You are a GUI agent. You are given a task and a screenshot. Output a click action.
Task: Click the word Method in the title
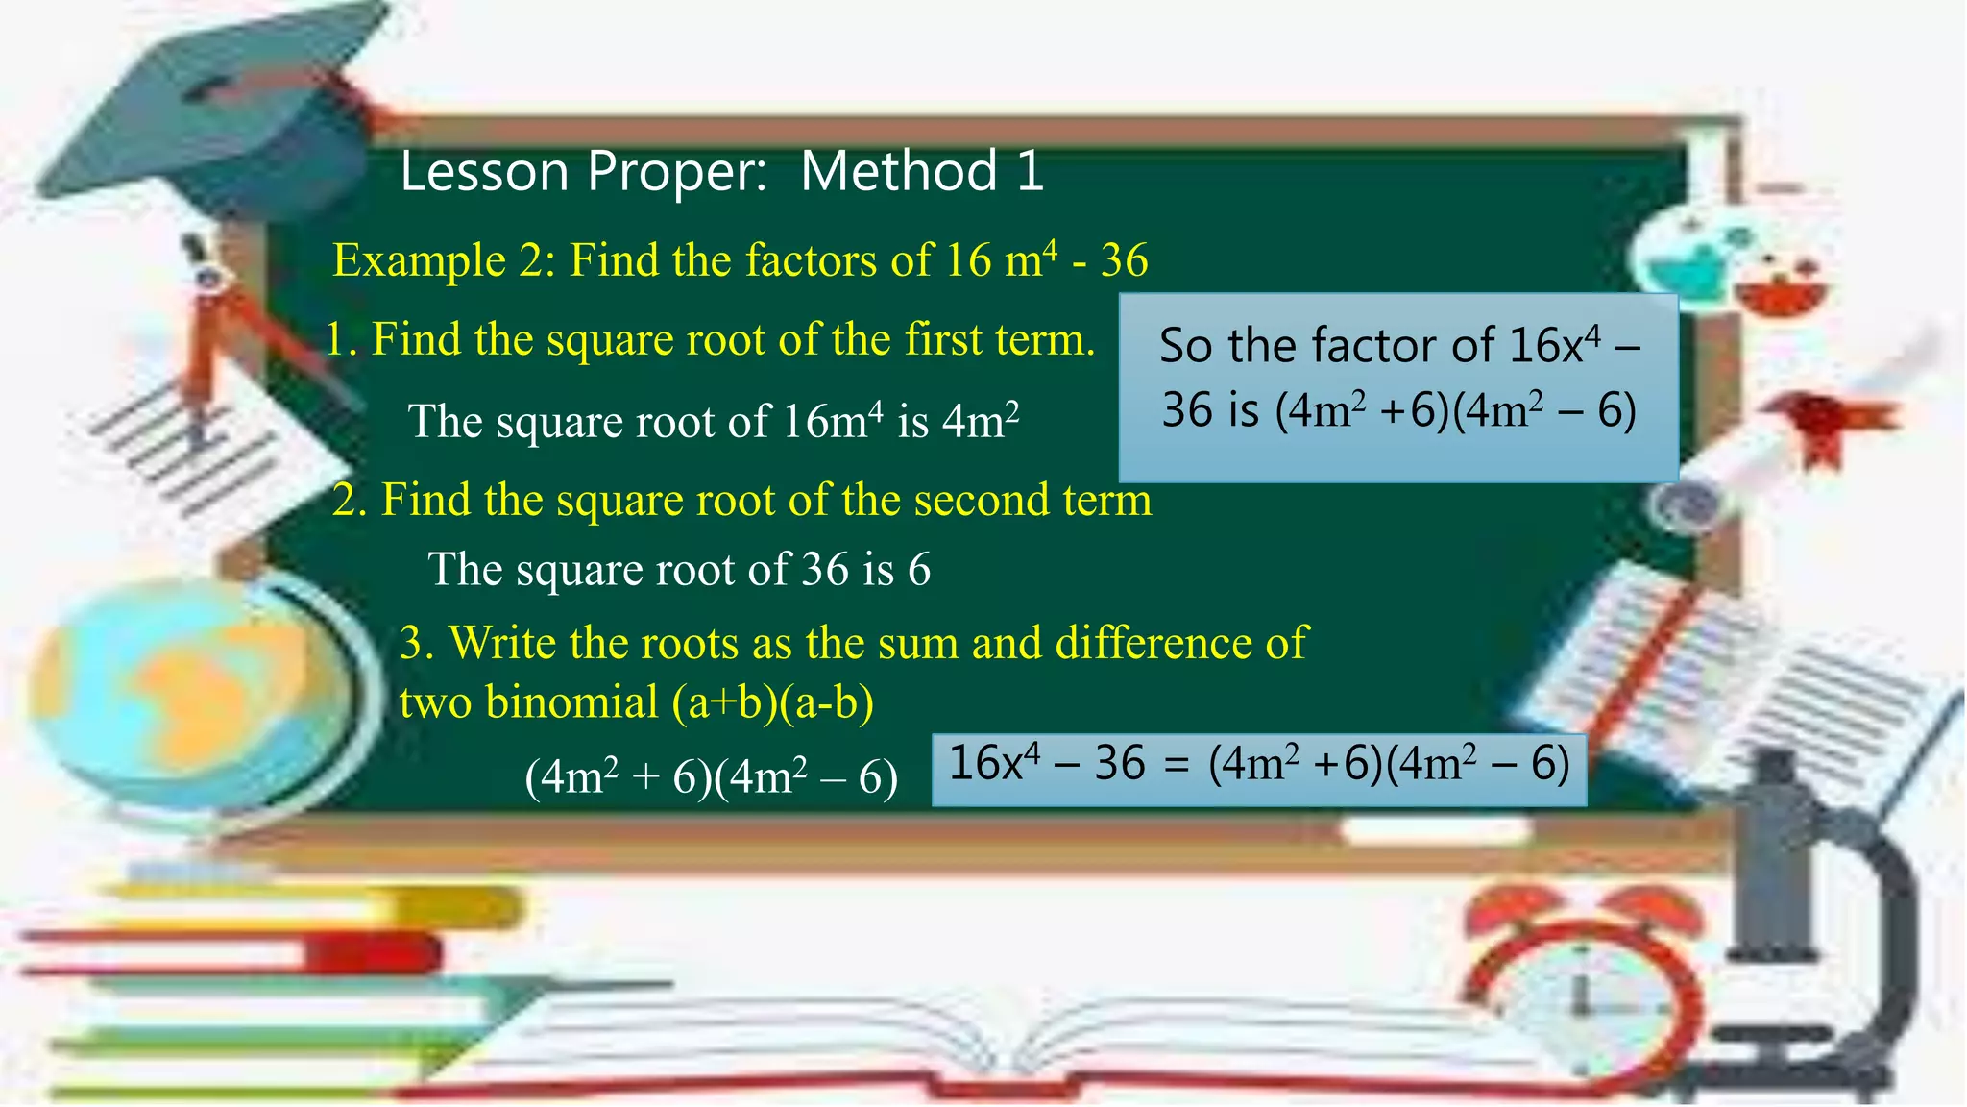tap(899, 172)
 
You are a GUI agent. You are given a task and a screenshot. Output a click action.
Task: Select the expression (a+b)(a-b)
tap(773, 702)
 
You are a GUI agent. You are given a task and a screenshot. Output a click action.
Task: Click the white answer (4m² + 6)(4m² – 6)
tap(711, 776)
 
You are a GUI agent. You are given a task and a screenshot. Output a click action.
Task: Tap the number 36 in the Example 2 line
tap(1124, 260)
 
